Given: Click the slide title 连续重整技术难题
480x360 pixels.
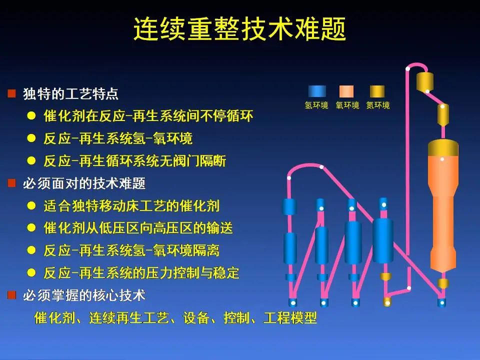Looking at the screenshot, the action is tap(239, 29).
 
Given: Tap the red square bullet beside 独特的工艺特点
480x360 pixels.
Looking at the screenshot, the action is tap(11, 93).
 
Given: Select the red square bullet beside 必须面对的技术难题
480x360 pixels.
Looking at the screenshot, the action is tap(11, 183).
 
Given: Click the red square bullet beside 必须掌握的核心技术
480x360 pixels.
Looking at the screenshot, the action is tap(11, 295).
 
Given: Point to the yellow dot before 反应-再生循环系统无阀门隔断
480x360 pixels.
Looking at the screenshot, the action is tap(31, 160).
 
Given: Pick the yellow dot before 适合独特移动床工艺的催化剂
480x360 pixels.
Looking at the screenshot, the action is tap(31, 205).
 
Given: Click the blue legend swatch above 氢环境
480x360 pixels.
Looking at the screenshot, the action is tap(317, 91).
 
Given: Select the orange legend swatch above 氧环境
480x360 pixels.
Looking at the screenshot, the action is tap(346, 91).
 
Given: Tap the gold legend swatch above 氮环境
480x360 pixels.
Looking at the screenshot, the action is tap(377, 91).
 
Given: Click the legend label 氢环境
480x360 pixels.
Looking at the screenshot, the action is tap(316, 105).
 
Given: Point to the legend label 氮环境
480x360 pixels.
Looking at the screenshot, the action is tap(378, 105).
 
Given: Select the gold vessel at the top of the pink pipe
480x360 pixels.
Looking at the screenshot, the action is tap(425, 81).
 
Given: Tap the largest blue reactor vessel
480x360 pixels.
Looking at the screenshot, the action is tap(383, 241).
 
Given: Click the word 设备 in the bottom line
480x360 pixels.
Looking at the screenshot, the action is tap(196, 318).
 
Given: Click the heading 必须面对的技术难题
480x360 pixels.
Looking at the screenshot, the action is tap(84, 183).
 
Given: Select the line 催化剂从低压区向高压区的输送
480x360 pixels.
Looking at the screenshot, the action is tap(138, 228).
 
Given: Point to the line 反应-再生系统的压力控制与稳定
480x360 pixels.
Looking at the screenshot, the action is tap(141, 273).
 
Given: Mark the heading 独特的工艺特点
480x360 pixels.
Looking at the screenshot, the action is tap(70, 93).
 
